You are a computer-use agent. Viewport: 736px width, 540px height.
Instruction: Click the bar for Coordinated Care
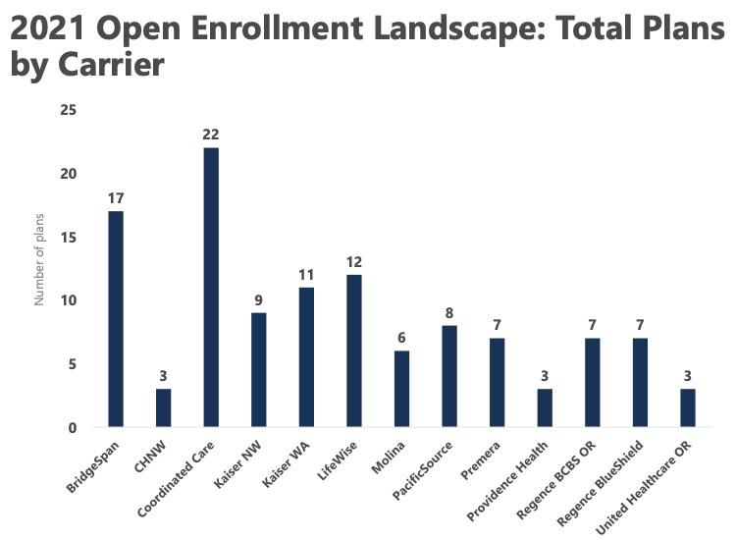[211, 288]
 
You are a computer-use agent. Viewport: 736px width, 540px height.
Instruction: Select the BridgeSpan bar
[116, 319]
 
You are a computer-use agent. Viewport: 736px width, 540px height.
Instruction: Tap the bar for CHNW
[163, 407]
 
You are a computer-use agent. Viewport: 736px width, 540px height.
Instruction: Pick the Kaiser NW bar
[258, 369]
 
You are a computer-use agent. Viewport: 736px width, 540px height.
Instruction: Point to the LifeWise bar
[353, 351]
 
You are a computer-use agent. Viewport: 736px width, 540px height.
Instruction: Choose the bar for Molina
[401, 389]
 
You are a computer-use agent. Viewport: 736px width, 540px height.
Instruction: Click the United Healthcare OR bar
[687, 407]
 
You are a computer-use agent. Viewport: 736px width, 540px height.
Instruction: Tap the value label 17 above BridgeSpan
[116, 198]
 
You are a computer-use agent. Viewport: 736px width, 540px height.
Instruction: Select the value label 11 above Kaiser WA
[306, 275]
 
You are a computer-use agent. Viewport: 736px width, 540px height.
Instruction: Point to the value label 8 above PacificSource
[448, 313]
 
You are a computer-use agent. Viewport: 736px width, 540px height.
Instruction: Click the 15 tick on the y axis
[68, 237]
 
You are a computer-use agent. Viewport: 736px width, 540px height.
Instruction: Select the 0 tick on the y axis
[72, 427]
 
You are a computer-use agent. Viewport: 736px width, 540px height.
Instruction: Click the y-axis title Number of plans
[40, 268]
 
